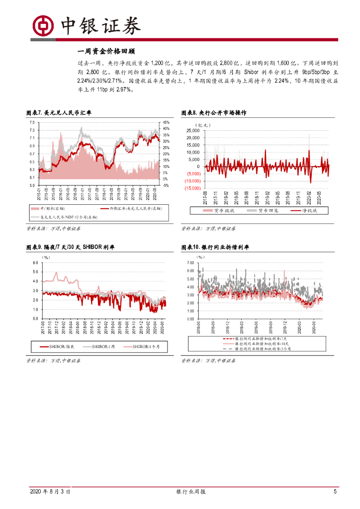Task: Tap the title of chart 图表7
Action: click(59, 113)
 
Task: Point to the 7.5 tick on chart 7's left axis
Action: click(31, 122)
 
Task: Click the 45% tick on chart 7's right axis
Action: click(166, 122)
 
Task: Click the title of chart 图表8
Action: click(213, 113)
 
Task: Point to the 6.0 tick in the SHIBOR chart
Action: click(35, 262)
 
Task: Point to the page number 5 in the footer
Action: click(335, 492)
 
